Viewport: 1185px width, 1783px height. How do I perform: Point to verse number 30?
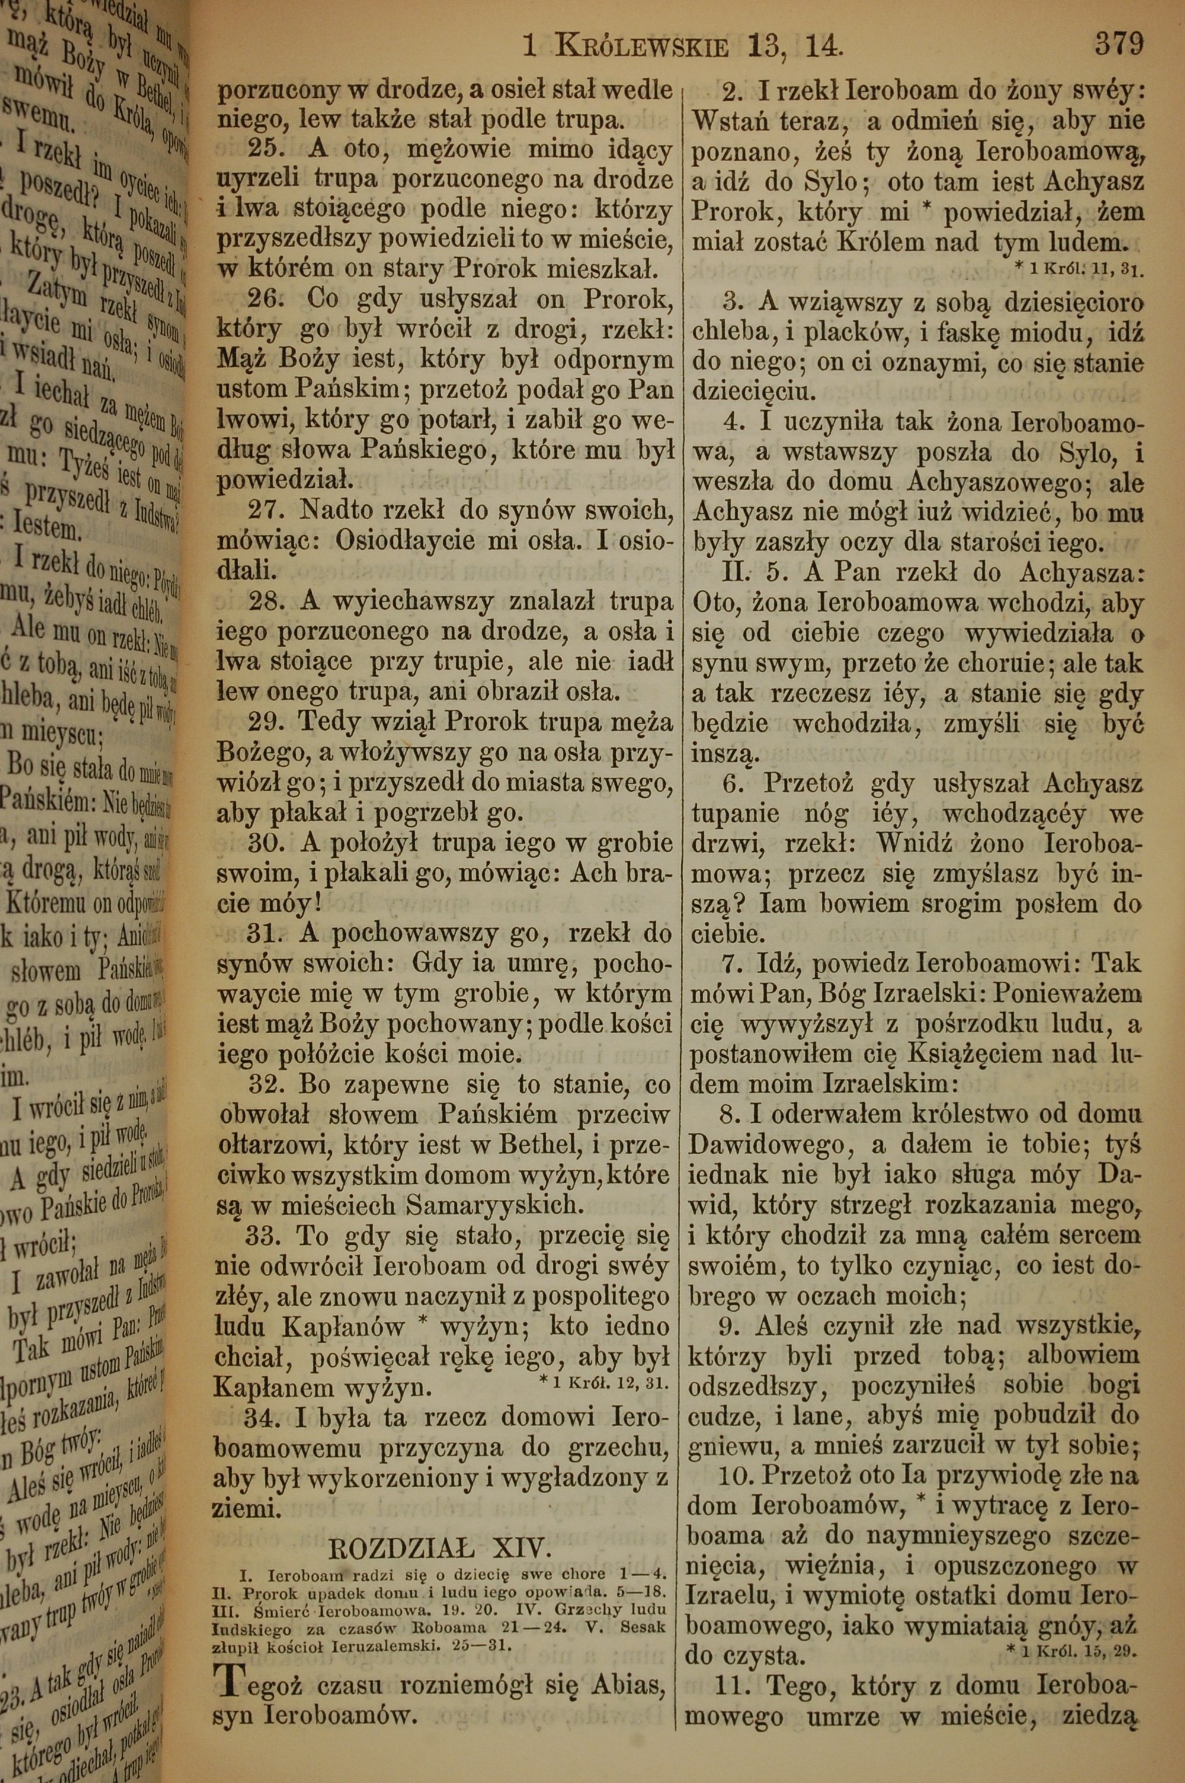(266, 843)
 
